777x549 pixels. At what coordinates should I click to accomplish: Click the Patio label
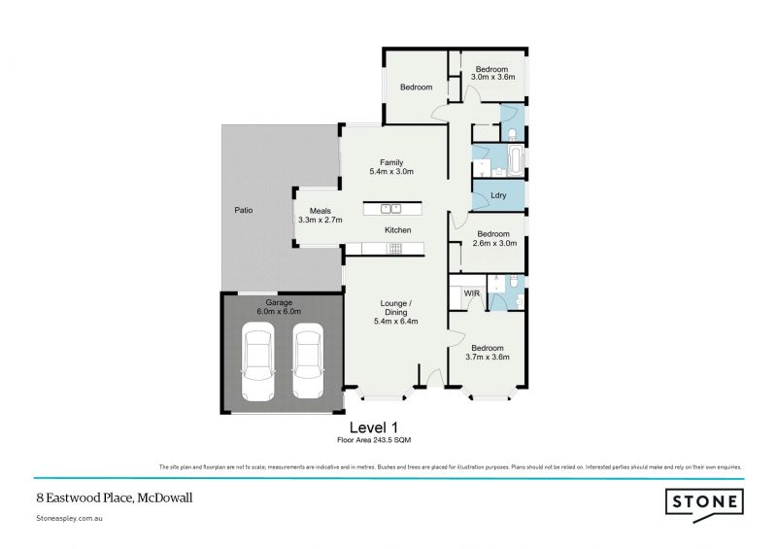click(x=243, y=210)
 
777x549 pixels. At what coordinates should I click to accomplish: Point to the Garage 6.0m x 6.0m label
click(x=280, y=307)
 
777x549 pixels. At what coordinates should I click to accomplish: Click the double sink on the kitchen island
click(x=390, y=207)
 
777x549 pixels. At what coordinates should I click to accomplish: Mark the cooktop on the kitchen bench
click(x=396, y=249)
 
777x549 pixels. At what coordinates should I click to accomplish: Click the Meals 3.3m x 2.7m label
click(x=321, y=217)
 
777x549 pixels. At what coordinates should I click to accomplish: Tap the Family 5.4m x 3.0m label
click(x=391, y=167)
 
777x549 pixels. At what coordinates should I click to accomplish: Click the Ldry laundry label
click(x=498, y=196)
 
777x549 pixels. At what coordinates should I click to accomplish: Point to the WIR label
click(x=472, y=292)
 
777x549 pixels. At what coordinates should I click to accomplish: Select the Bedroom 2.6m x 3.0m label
click(x=494, y=238)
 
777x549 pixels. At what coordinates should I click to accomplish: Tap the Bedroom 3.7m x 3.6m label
click(x=488, y=352)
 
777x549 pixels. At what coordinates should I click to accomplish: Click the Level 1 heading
click(x=373, y=427)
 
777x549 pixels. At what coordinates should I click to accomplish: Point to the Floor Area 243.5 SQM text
click(x=373, y=440)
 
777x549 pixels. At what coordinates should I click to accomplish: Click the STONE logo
click(x=705, y=502)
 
